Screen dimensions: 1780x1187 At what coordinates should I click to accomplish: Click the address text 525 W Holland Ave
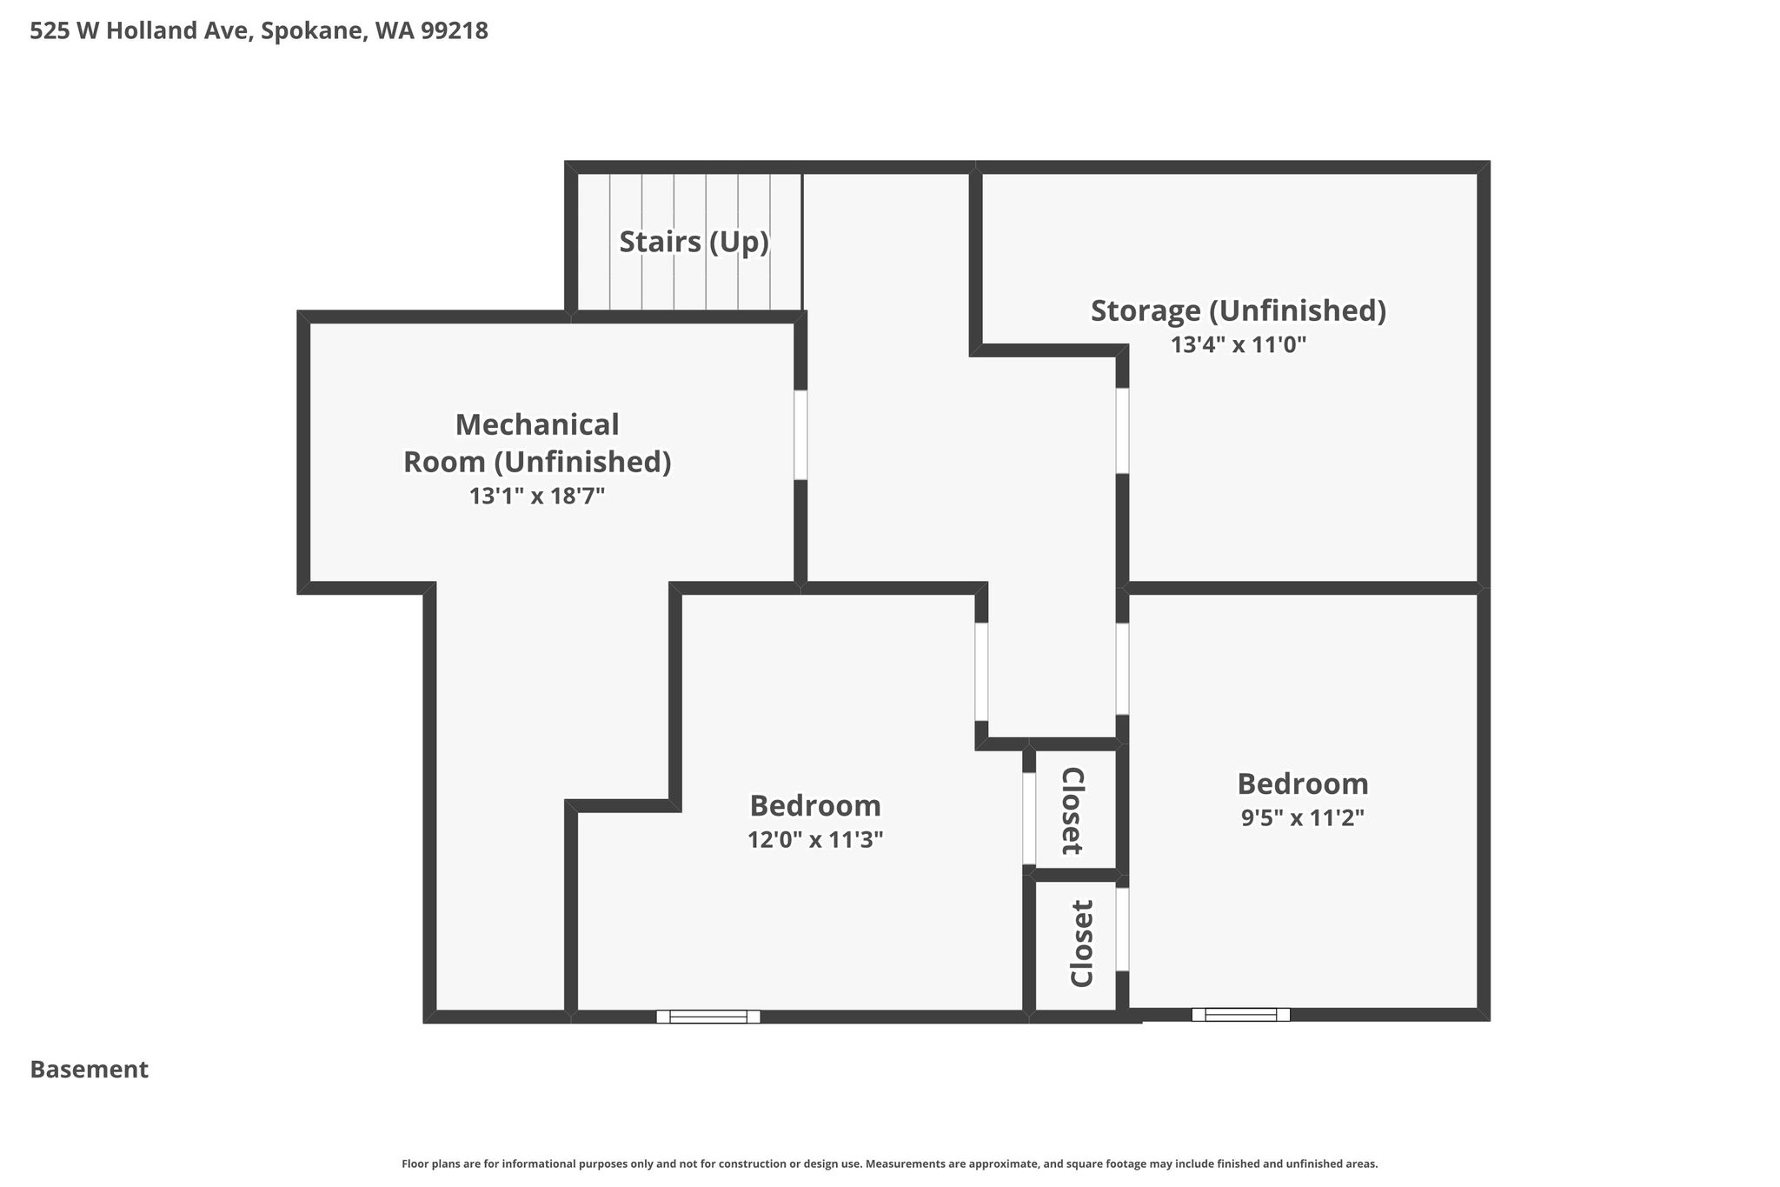pyautogui.click(x=141, y=31)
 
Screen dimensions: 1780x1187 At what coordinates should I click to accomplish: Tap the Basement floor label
pyautogui.click(x=90, y=1070)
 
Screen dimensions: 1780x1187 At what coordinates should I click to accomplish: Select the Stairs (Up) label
pyautogui.click(x=694, y=242)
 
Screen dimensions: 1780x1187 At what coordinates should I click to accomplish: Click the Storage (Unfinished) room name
pyautogui.click(x=1239, y=310)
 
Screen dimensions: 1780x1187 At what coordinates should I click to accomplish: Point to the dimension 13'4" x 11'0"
pyautogui.click(x=1239, y=345)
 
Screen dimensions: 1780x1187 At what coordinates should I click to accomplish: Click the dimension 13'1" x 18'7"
pyautogui.click(x=537, y=496)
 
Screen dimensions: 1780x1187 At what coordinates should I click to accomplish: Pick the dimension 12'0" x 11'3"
pyautogui.click(x=815, y=840)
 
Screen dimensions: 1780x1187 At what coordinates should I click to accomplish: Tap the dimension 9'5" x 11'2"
pyautogui.click(x=1303, y=818)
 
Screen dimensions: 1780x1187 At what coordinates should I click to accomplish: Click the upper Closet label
pyautogui.click(x=1073, y=810)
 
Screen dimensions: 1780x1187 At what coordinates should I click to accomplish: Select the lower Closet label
pyautogui.click(x=1081, y=944)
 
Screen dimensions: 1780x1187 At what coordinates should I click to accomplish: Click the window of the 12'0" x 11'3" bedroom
pyautogui.click(x=708, y=1017)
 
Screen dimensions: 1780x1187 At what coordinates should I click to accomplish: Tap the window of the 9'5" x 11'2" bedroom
pyautogui.click(x=1240, y=1014)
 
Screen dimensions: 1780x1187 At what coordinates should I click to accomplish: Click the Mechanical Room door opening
pyautogui.click(x=800, y=435)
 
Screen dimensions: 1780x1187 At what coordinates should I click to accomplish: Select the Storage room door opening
pyautogui.click(x=1122, y=430)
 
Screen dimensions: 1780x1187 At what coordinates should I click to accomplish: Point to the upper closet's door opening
pyautogui.click(x=1029, y=818)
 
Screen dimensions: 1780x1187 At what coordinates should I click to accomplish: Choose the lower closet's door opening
pyautogui.click(x=1122, y=929)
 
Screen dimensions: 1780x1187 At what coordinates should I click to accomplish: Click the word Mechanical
pyautogui.click(x=537, y=424)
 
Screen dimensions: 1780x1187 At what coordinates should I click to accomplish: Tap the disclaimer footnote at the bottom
pyautogui.click(x=890, y=1164)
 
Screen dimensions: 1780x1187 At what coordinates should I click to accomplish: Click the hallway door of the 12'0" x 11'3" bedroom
pyautogui.click(x=981, y=672)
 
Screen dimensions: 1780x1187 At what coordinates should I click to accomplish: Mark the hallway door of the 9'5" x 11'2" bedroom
pyautogui.click(x=1122, y=669)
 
